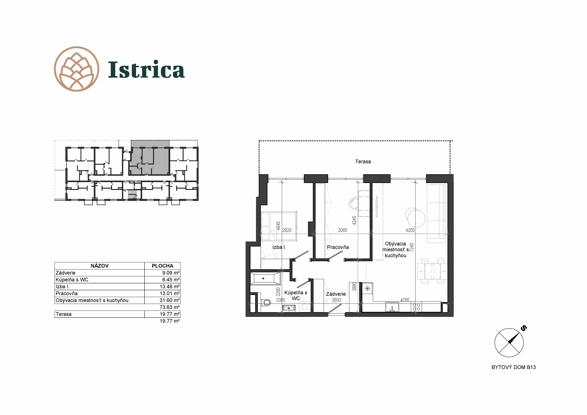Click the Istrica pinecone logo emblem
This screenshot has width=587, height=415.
click(x=76, y=69)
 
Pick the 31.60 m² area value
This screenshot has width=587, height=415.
click(x=170, y=300)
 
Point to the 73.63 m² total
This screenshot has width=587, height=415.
click(x=170, y=307)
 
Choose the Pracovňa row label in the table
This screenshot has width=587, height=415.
click(x=66, y=293)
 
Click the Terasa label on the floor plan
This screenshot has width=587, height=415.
click(x=363, y=161)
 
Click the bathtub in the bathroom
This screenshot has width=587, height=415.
click(x=265, y=278)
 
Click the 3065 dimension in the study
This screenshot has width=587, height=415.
click(x=343, y=230)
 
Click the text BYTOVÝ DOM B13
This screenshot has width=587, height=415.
click(x=514, y=367)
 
